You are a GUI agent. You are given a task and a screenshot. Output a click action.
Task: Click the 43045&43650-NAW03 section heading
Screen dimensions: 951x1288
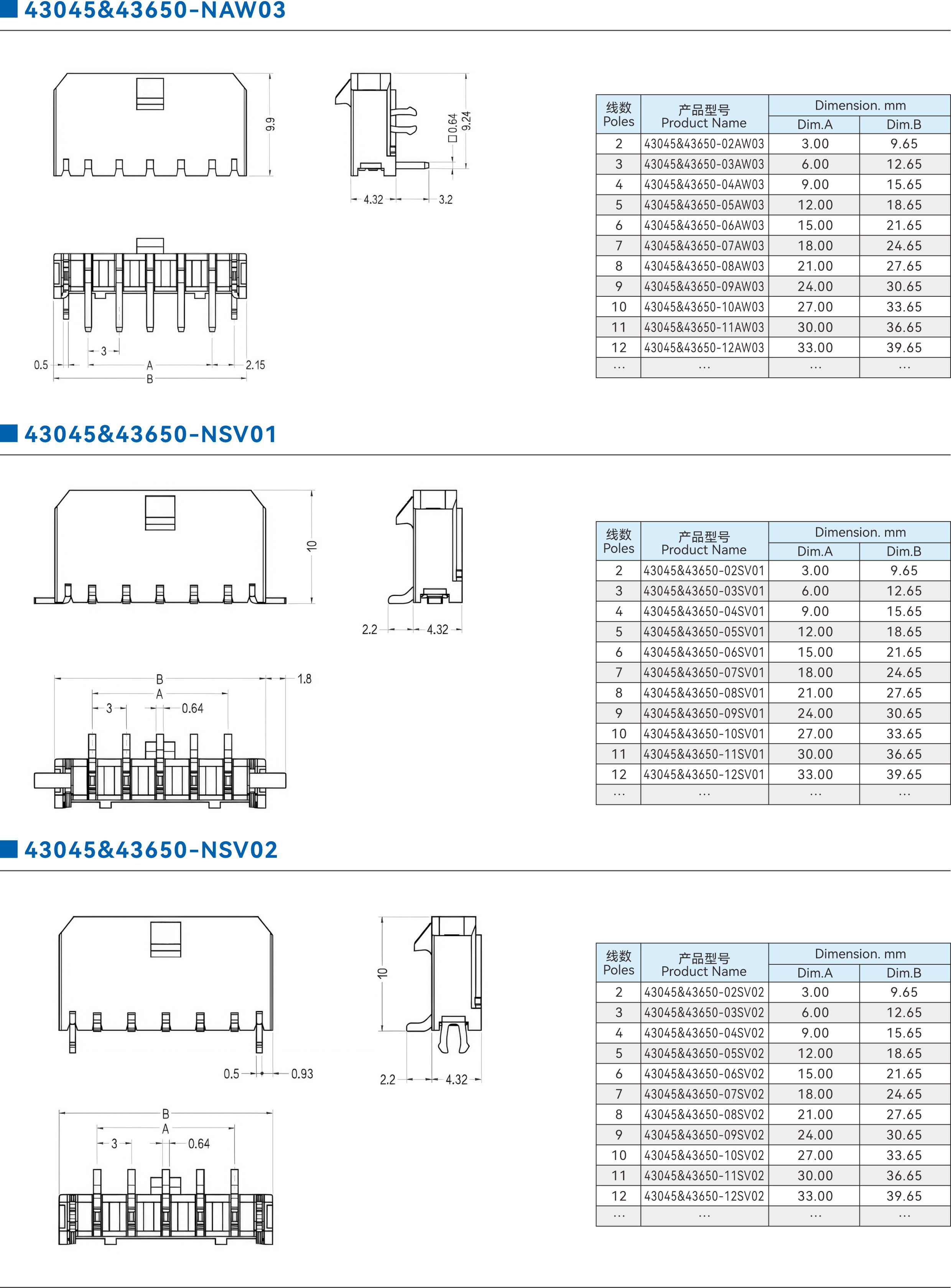(x=155, y=10)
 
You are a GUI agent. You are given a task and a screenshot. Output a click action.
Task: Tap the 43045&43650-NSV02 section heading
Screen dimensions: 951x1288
(x=151, y=849)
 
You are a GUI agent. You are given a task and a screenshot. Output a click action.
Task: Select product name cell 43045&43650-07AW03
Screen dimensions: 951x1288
(x=704, y=246)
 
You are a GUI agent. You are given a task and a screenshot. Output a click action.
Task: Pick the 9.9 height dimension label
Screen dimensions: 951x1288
(x=270, y=124)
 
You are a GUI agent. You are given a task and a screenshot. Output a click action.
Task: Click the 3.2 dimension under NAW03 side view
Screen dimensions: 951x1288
(x=446, y=200)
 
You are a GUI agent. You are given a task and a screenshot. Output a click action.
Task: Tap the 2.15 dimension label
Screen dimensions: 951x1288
(x=256, y=365)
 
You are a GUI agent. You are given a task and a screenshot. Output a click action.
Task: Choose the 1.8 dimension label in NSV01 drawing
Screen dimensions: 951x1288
(x=304, y=679)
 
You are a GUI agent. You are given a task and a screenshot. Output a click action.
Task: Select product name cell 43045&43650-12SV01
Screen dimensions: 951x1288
(x=704, y=775)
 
